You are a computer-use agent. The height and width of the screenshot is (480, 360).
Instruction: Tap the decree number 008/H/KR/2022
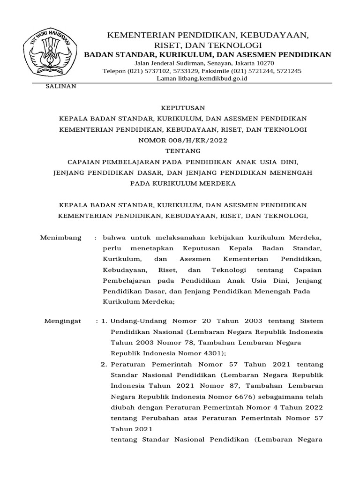[x=194, y=140]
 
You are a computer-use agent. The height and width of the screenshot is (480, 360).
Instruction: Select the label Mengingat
[x=62, y=321]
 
